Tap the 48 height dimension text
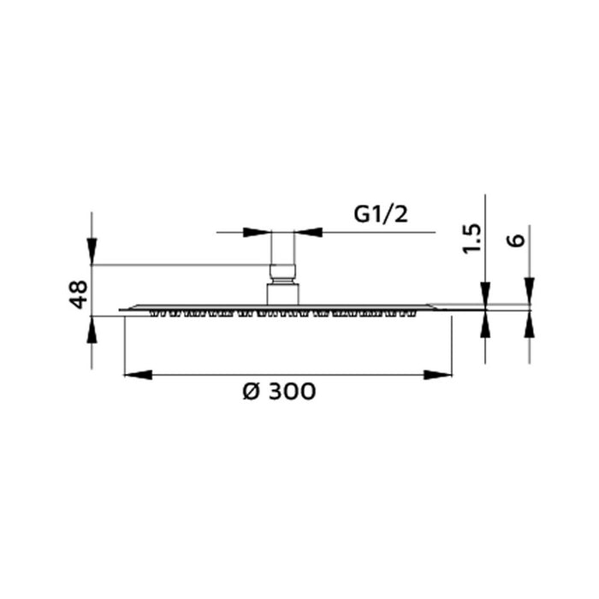(x=78, y=294)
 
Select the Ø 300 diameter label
(x=279, y=392)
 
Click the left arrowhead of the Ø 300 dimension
(x=138, y=374)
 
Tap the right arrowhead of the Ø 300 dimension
(x=438, y=374)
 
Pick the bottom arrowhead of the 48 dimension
(x=92, y=329)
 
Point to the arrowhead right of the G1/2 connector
(x=309, y=231)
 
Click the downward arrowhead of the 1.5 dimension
(x=484, y=290)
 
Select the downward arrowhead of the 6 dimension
(x=529, y=290)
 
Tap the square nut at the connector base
(x=283, y=292)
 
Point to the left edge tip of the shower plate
(x=122, y=310)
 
